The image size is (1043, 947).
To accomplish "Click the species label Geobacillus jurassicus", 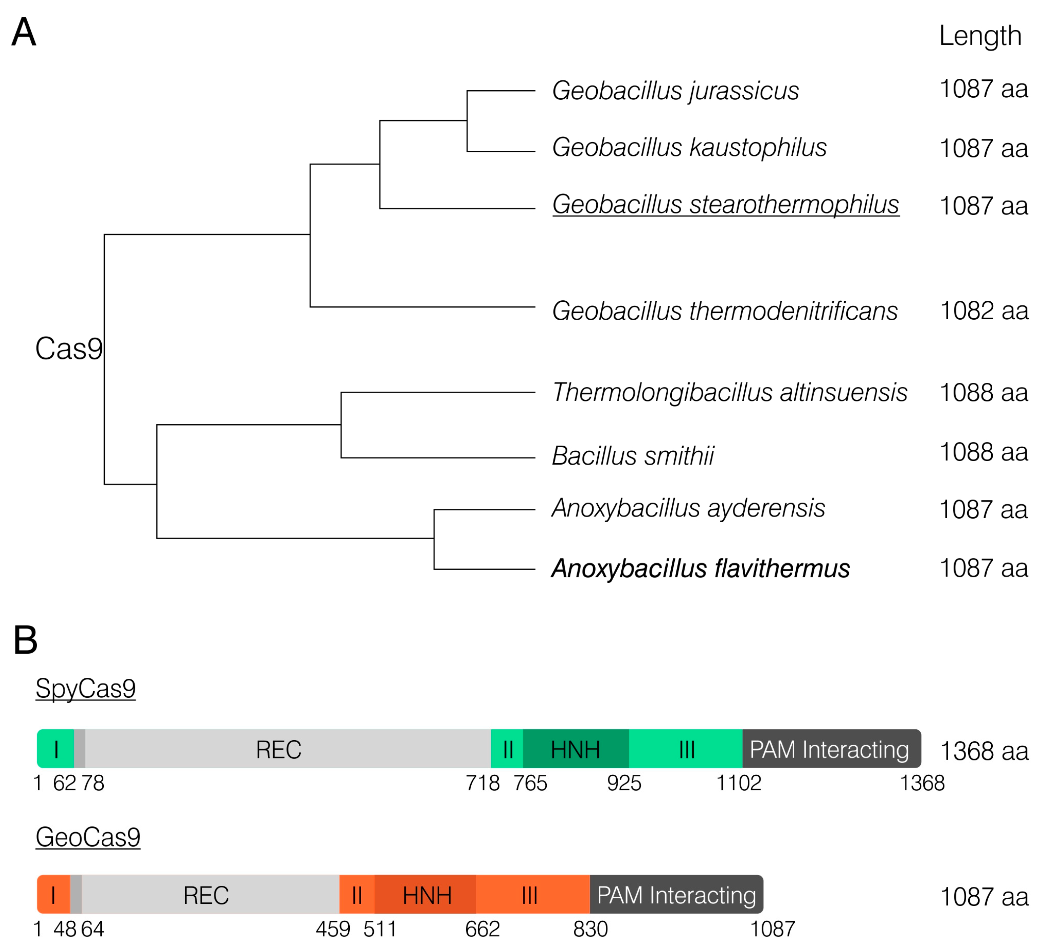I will click(x=675, y=91).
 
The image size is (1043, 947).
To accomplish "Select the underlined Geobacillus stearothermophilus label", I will click(x=725, y=204).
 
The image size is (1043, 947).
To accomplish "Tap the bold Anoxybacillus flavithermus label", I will click(x=700, y=568).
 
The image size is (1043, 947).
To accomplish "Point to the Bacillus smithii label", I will click(x=632, y=456).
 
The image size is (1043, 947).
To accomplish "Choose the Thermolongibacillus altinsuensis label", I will click(x=729, y=392).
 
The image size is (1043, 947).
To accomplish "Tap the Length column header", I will click(x=980, y=36).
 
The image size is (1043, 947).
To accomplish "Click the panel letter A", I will click(x=24, y=32).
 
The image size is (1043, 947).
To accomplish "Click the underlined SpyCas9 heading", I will click(x=85, y=689).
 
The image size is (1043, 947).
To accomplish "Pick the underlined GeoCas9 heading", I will click(x=88, y=837).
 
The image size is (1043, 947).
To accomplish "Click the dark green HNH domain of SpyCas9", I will click(x=575, y=749).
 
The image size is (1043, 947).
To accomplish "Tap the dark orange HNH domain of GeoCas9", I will click(x=426, y=895).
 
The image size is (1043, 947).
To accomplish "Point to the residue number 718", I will click(x=482, y=783).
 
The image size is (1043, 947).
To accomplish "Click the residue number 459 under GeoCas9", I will click(x=333, y=929).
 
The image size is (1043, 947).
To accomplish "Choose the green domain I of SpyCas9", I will click(x=55, y=749).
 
